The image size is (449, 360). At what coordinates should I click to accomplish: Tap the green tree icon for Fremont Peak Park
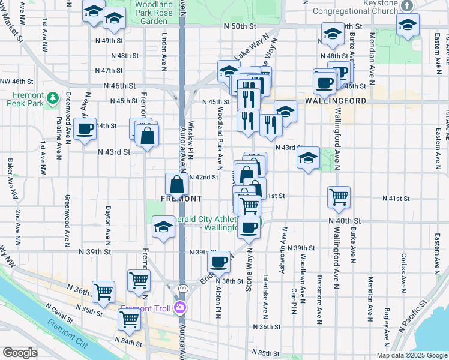coord(53,96)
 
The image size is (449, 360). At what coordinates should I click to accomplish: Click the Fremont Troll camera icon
coord(179,308)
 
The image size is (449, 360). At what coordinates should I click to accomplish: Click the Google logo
coord(20,353)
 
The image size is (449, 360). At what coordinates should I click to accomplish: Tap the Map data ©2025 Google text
coord(411,355)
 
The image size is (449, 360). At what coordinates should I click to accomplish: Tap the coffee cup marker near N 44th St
coord(85,128)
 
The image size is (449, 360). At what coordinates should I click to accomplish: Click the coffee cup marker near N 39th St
coord(219,261)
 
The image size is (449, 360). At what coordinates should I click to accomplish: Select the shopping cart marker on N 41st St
coord(339,196)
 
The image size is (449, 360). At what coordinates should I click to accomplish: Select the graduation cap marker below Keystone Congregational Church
coord(408,25)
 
